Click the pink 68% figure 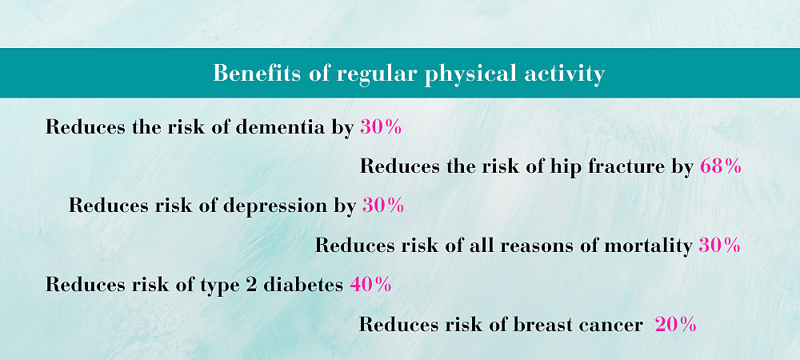click(x=721, y=166)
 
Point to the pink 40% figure click(x=371, y=285)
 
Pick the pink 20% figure click(x=675, y=324)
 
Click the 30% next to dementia click(x=381, y=127)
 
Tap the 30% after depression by click(x=383, y=206)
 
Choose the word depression click(x=273, y=207)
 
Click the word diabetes click(x=302, y=285)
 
